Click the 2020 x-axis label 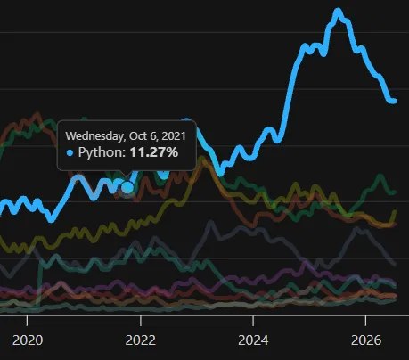(28, 340)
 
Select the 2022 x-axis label (141, 340)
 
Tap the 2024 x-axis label (253, 340)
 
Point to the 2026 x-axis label (366, 340)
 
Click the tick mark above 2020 (28, 320)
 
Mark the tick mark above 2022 (141, 320)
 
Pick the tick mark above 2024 (253, 320)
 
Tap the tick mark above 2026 (365, 320)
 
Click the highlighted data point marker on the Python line (128, 187)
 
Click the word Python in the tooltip (102, 152)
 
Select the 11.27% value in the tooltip (154, 152)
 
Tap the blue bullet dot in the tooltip (70, 153)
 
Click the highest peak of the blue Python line (338, 12)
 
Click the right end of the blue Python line (394, 102)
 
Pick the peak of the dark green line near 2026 (380, 176)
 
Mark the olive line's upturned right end (395, 212)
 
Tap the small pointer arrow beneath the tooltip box (126, 174)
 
